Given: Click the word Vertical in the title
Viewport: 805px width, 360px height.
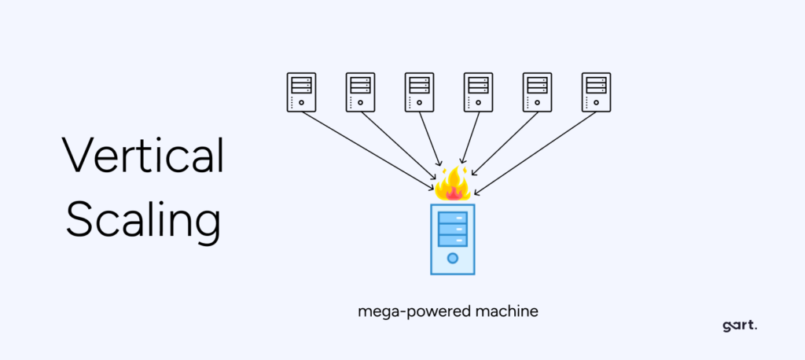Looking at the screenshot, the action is (x=143, y=155).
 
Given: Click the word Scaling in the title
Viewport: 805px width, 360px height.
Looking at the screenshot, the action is (x=144, y=219).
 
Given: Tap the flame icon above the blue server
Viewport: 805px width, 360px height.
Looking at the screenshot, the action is (x=452, y=183).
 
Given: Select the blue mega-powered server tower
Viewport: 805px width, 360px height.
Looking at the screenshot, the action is (x=452, y=239).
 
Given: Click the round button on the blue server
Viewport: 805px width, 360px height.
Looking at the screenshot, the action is (x=452, y=258).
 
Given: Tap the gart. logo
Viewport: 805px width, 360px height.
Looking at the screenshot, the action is (x=739, y=326).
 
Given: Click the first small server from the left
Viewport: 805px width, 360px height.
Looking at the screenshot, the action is (x=301, y=92).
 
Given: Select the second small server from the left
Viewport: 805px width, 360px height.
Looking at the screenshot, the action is (x=360, y=92).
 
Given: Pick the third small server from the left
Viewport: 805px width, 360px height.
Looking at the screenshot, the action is (x=420, y=92).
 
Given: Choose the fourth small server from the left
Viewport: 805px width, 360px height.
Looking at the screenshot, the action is (x=479, y=92).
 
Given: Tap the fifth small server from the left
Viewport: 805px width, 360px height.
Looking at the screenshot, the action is (x=538, y=92).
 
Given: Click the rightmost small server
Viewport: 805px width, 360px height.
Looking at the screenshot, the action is (x=596, y=92).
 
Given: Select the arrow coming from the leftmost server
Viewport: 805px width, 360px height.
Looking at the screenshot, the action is (x=368, y=151).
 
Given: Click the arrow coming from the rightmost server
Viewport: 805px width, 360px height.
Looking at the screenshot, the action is (x=535, y=153).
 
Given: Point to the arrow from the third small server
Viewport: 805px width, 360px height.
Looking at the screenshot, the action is (x=430, y=138).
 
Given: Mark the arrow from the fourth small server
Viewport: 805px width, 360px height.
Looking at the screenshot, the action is (x=470, y=137).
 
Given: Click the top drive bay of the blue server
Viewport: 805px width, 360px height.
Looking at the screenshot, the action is (x=452, y=217).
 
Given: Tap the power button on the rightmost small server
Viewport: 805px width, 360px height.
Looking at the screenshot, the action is (x=596, y=102).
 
